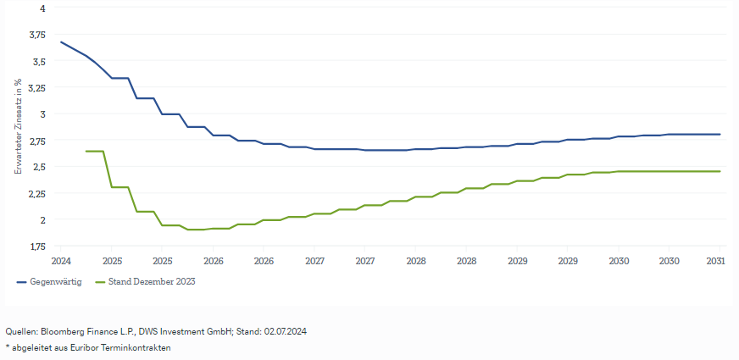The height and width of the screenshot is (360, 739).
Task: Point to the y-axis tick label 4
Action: tap(42, 8)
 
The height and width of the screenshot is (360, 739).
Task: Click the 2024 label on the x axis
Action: tap(61, 261)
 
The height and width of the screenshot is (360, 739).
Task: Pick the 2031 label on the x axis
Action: tap(716, 261)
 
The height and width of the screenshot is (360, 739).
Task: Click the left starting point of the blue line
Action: tap(61, 42)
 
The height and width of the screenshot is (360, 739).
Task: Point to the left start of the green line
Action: tap(87, 151)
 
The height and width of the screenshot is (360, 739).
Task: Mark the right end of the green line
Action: tap(720, 171)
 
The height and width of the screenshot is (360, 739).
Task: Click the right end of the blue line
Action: tap(720, 134)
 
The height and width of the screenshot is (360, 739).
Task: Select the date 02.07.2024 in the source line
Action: tap(285, 331)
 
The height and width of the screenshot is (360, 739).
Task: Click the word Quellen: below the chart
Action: tap(20, 331)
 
